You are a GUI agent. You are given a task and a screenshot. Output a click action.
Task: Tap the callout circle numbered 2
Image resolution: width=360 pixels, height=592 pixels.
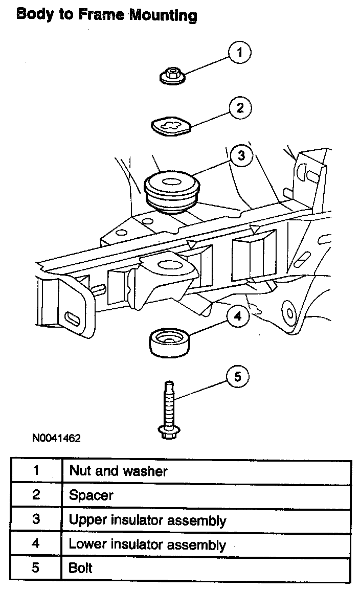[240, 108]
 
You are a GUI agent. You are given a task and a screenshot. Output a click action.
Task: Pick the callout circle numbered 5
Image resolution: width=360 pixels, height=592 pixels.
[237, 378]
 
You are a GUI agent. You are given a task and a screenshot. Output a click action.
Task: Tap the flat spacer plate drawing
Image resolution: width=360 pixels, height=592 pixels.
[170, 125]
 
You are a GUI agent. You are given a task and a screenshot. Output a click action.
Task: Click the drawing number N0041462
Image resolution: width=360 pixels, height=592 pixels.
[56, 439]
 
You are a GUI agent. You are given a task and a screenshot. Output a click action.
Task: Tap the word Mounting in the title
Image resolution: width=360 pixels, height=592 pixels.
[163, 15]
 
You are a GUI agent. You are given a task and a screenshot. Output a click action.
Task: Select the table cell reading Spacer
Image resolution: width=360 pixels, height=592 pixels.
[206, 495]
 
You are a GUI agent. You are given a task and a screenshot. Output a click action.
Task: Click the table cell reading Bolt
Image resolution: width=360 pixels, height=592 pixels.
[206, 568]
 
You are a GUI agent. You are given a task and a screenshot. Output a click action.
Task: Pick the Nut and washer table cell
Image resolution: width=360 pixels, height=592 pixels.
[206, 471]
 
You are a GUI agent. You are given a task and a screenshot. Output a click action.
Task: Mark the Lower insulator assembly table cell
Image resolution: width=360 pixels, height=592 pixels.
[206, 543]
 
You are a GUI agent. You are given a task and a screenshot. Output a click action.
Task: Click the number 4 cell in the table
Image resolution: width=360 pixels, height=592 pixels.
[36, 543]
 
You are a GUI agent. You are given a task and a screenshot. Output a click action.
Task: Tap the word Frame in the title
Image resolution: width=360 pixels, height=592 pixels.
[101, 15]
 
